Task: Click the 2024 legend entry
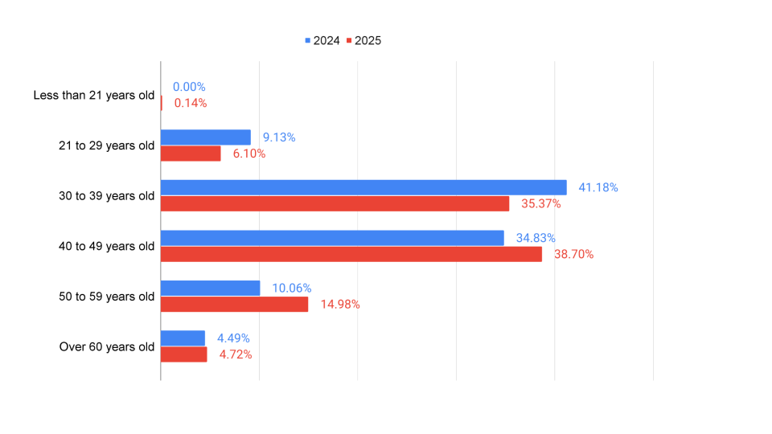322,40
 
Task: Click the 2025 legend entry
363,40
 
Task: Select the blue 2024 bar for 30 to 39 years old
363,187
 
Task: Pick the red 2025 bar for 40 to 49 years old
351,254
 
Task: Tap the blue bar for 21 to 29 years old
206,137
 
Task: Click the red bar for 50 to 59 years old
234,304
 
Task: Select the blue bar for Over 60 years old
183,338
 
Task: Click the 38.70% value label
573,254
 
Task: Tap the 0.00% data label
189,87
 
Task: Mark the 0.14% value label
191,103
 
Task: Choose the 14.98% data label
339,305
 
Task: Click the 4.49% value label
233,338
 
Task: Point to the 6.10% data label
249,154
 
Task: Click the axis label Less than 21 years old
93,96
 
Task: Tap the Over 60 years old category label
106,347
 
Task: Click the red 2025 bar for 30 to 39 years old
335,203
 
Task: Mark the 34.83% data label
536,238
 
